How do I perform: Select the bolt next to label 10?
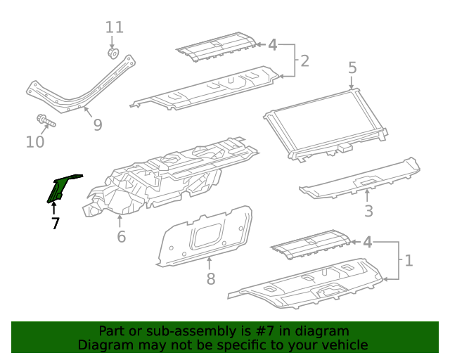click(x=43, y=122)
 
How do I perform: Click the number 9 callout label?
click(x=98, y=125)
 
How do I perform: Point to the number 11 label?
click(x=114, y=27)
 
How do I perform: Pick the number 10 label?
click(x=35, y=143)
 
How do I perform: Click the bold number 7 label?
click(x=55, y=224)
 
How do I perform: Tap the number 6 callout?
click(x=121, y=237)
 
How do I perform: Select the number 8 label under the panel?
click(x=210, y=280)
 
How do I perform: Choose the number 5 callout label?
click(x=352, y=68)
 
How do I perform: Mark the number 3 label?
click(x=368, y=211)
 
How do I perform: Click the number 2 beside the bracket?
click(x=304, y=60)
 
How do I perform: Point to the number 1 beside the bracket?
click(x=409, y=261)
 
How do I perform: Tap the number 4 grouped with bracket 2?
click(x=273, y=45)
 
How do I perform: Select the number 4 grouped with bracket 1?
click(x=367, y=243)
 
